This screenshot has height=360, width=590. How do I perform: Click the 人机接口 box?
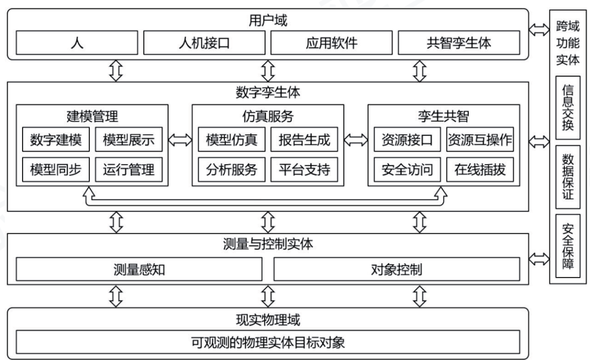tap(204, 43)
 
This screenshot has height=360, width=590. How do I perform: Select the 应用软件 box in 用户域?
tap(331, 43)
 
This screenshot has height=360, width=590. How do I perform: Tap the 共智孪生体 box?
tap(459, 43)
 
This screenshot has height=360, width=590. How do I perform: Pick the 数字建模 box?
tap(56, 139)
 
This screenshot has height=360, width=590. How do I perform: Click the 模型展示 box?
tap(129, 139)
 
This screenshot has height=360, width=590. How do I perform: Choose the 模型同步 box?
tap(56, 170)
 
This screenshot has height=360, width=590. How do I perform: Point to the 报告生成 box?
tap(304, 139)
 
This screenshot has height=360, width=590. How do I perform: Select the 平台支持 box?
tap(304, 170)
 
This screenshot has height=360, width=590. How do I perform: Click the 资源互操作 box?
tap(480, 139)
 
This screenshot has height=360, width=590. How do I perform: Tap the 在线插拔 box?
tap(480, 170)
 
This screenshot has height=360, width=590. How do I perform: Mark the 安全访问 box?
tap(407, 170)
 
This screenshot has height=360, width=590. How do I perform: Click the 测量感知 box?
tap(139, 269)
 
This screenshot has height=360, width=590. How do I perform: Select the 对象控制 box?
tap(397, 269)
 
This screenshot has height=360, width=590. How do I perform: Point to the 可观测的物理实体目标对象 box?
tap(268, 342)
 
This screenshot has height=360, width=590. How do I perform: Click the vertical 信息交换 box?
tap(568, 108)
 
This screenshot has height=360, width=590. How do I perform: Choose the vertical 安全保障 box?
tap(568, 246)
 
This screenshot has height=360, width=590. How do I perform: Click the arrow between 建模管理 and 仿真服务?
tap(180, 140)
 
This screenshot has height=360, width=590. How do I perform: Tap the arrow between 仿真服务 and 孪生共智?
tap(356, 140)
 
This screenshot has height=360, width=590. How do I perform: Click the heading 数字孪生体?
tap(268, 93)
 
